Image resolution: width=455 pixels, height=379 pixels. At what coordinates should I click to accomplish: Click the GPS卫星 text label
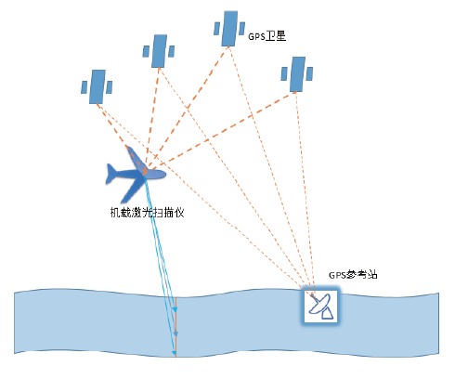tap(266, 36)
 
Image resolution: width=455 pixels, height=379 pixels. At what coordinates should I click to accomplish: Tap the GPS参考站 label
tap(353, 275)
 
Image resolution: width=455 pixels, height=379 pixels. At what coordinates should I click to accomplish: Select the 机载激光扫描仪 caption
tap(148, 213)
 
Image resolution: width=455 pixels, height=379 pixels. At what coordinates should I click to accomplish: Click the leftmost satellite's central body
tap(97, 86)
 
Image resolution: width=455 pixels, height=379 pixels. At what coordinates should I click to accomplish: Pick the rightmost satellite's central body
tap(297, 74)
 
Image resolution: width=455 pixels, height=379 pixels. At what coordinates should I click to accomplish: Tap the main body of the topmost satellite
tap(229, 29)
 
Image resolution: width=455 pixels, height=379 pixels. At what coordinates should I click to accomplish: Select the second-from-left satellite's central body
tap(159, 51)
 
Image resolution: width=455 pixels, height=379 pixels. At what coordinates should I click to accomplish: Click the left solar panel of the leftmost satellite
tap(84, 87)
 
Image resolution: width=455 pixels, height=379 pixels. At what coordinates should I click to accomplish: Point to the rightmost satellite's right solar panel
tap(309, 73)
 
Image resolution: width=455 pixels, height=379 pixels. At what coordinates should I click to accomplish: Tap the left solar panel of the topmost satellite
tap(216, 29)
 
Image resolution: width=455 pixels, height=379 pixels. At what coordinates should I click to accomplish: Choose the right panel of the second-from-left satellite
tap(171, 51)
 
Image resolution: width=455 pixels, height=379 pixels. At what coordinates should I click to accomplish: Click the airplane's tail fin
tap(110, 174)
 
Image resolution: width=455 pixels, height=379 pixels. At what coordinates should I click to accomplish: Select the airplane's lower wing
tap(132, 190)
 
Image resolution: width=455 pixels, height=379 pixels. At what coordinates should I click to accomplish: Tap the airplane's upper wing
tap(134, 157)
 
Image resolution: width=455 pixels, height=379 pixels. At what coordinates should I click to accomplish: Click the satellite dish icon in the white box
tap(321, 307)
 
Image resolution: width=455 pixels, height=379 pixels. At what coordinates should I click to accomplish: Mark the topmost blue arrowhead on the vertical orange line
tap(175, 309)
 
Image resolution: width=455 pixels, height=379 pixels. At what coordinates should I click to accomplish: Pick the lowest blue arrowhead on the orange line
tap(175, 353)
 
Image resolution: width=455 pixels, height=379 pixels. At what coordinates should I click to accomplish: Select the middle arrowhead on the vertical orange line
tap(175, 333)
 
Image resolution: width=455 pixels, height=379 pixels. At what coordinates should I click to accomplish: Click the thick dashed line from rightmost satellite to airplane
tap(222, 131)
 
